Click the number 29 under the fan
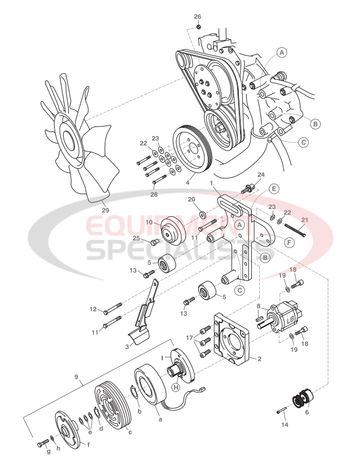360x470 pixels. (x=105, y=210)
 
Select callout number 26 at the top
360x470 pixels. (x=198, y=16)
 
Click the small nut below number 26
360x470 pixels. (x=198, y=26)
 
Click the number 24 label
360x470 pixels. (x=260, y=175)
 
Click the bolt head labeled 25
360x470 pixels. (x=155, y=243)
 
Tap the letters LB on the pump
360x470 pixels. (x=291, y=320)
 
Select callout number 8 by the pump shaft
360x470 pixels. (x=258, y=307)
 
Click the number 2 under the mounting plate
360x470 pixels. (x=259, y=358)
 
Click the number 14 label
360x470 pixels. (x=284, y=425)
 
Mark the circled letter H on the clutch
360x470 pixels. (x=176, y=388)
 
